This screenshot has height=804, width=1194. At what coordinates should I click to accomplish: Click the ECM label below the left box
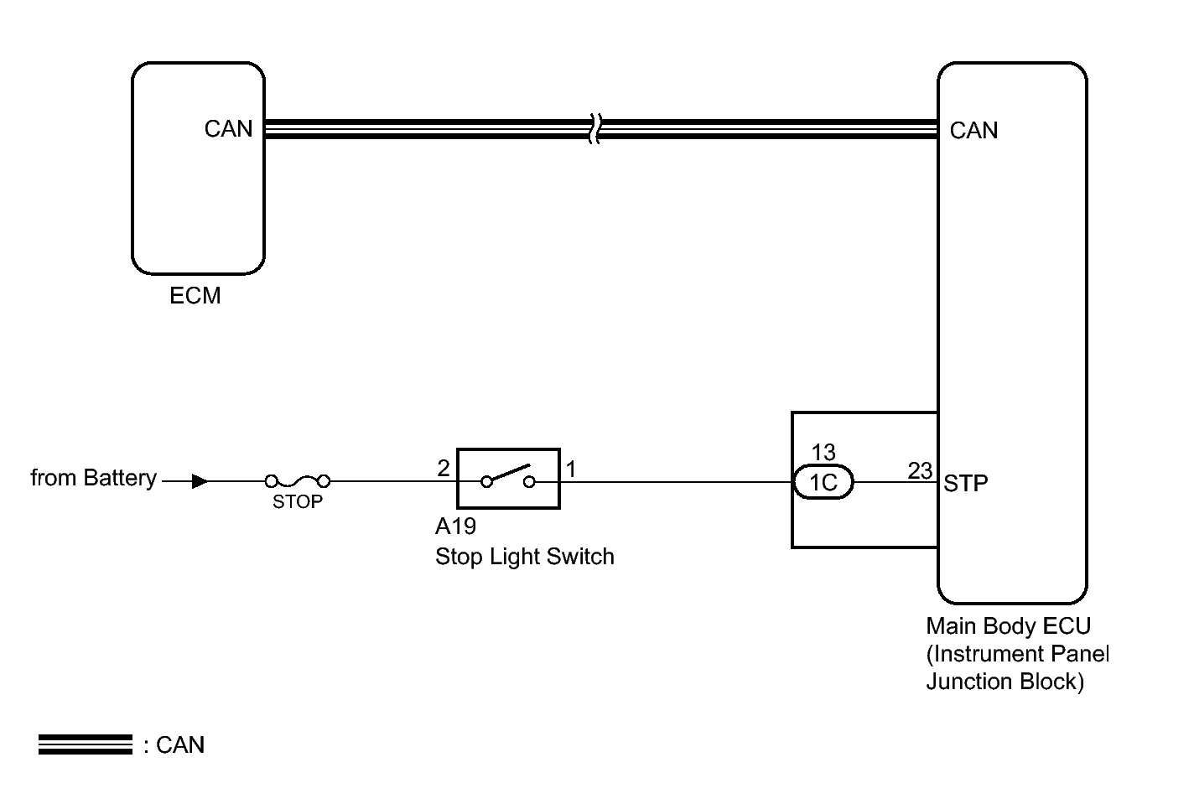(x=195, y=296)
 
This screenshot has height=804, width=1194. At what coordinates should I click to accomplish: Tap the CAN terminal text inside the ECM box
(x=228, y=129)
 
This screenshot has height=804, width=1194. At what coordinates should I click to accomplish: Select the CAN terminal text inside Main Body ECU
(x=973, y=131)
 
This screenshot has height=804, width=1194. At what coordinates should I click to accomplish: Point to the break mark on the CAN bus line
(x=595, y=129)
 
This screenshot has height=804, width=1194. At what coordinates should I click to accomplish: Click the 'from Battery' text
(x=94, y=478)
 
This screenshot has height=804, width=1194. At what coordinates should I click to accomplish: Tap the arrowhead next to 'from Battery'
(x=200, y=482)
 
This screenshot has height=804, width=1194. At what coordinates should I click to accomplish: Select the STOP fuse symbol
(x=298, y=482)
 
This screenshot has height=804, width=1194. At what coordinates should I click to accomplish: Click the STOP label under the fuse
(x=298, y=502)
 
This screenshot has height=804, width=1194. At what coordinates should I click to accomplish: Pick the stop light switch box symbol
(x=508, y=479)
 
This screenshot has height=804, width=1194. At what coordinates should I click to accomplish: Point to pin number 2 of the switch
(x=444, y=469)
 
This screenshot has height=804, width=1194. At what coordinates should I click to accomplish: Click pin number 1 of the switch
(x=571, y=469)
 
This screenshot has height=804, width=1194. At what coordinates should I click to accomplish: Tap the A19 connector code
(x=456, y=526)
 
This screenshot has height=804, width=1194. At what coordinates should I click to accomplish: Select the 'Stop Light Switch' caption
(x=525, y=558)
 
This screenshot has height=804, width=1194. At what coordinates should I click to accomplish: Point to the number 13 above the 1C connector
(x=823, y=453)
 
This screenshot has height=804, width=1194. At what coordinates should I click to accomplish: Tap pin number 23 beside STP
(x=920, y=471)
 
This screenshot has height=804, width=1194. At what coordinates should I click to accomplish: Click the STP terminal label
(x=965, y=484)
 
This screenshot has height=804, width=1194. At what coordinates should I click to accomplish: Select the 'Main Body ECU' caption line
(x=1009, y=626)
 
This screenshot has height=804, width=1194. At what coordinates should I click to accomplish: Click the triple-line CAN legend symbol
(x=86, y=744)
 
